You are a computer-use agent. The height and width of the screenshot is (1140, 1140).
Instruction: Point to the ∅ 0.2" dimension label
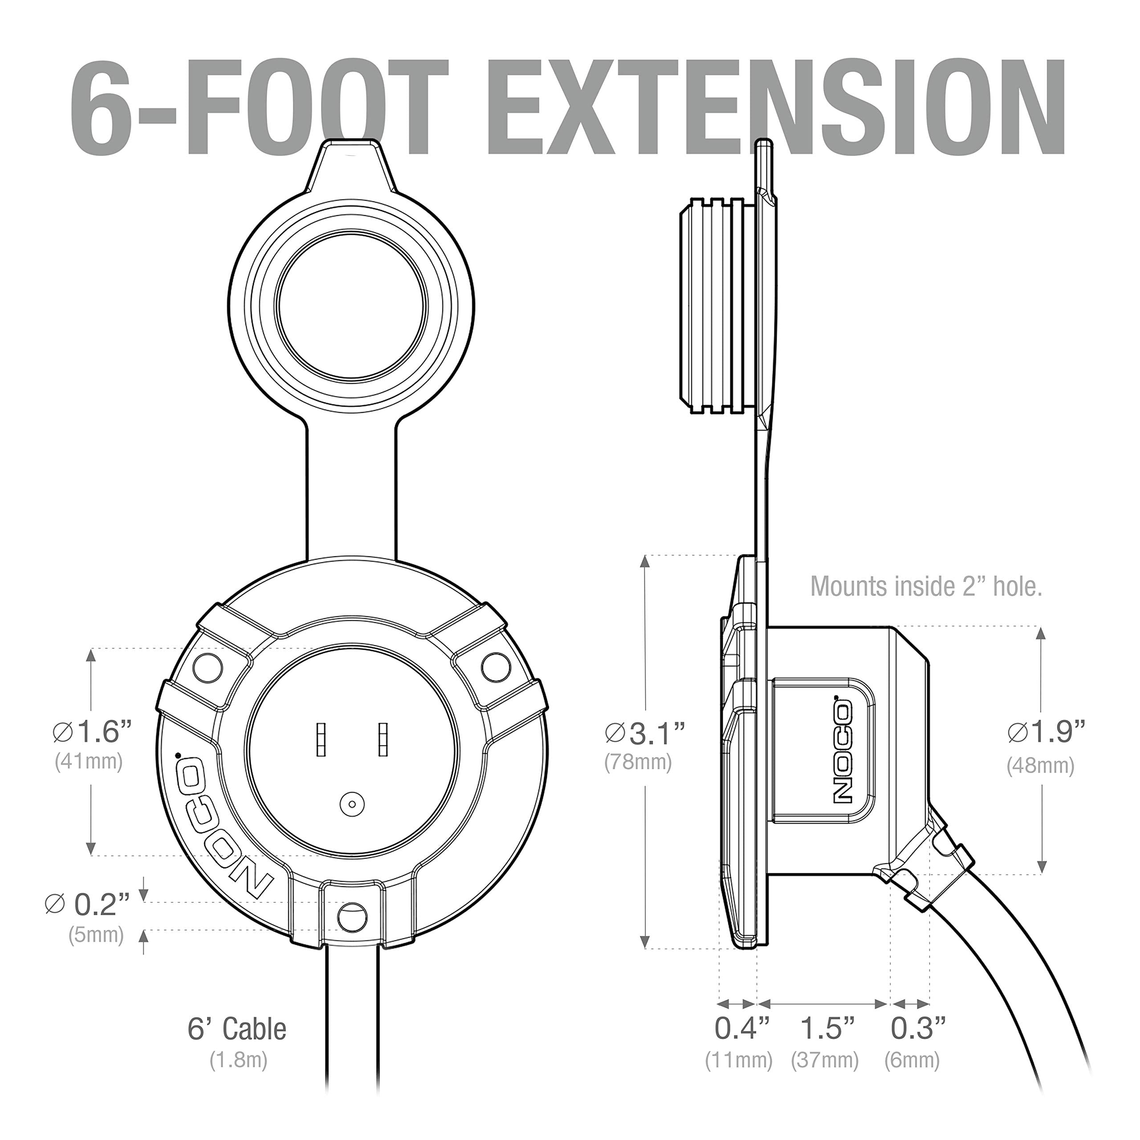click(87, 904)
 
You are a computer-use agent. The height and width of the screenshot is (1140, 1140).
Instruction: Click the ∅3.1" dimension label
click(645, 733)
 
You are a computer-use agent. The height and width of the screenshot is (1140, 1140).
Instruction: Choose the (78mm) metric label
click(638, 762)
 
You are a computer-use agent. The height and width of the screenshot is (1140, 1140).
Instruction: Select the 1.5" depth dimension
click(827, 1029)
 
